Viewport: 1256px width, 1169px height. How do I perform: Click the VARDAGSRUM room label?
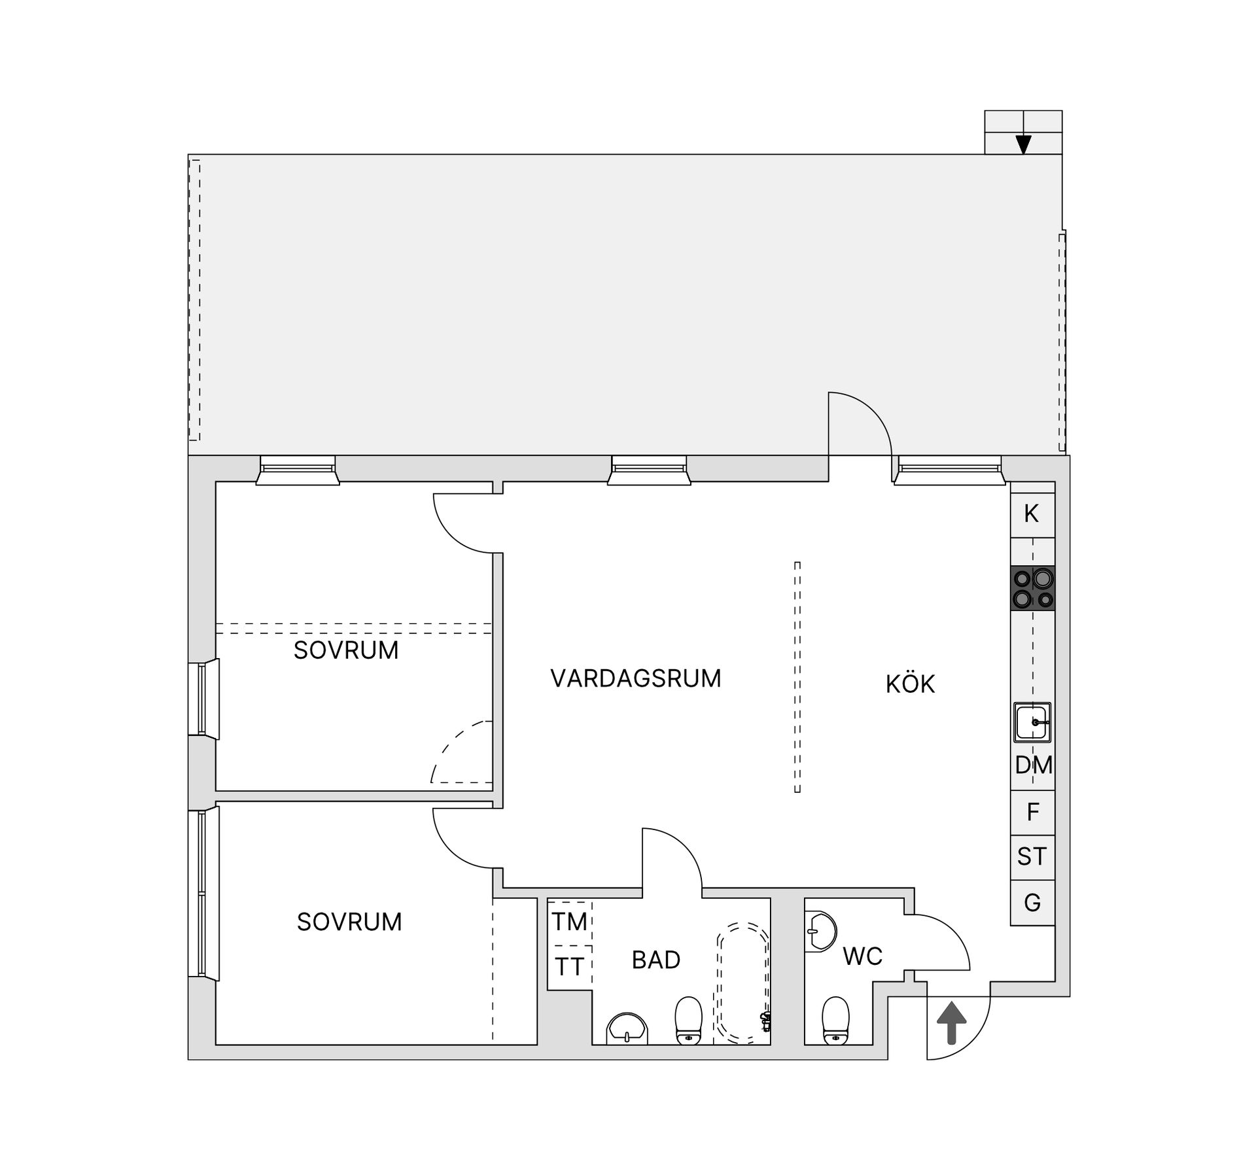pos(636,678)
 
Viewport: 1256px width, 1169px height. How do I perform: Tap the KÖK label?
pos(910,684)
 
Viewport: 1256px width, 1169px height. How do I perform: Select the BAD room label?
pos(656,960)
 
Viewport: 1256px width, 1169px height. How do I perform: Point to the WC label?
pos(863,956)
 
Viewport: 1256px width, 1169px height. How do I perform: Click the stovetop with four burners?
pos(1033,588)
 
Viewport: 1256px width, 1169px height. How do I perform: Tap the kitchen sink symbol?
pos(1033,722)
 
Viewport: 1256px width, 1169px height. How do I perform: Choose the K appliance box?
pos(1033,514)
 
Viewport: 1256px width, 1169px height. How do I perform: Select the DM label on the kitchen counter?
pos(1034,765)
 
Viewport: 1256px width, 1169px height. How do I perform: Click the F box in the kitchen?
pos(1033,812)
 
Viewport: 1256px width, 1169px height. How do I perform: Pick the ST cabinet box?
pos(1033,857)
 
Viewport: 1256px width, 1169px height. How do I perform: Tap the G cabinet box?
pos(1033,903)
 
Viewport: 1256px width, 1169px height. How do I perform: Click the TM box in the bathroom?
pos(570,922)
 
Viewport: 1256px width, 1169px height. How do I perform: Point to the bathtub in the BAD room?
pos(744,981)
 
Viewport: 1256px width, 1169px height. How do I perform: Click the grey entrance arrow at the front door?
pos(952,1024)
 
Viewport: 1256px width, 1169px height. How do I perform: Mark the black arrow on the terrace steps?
pos(1023,145)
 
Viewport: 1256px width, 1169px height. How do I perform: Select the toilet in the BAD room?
pos(688,1021)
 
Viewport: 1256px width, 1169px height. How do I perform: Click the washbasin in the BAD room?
pos(627,1030)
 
